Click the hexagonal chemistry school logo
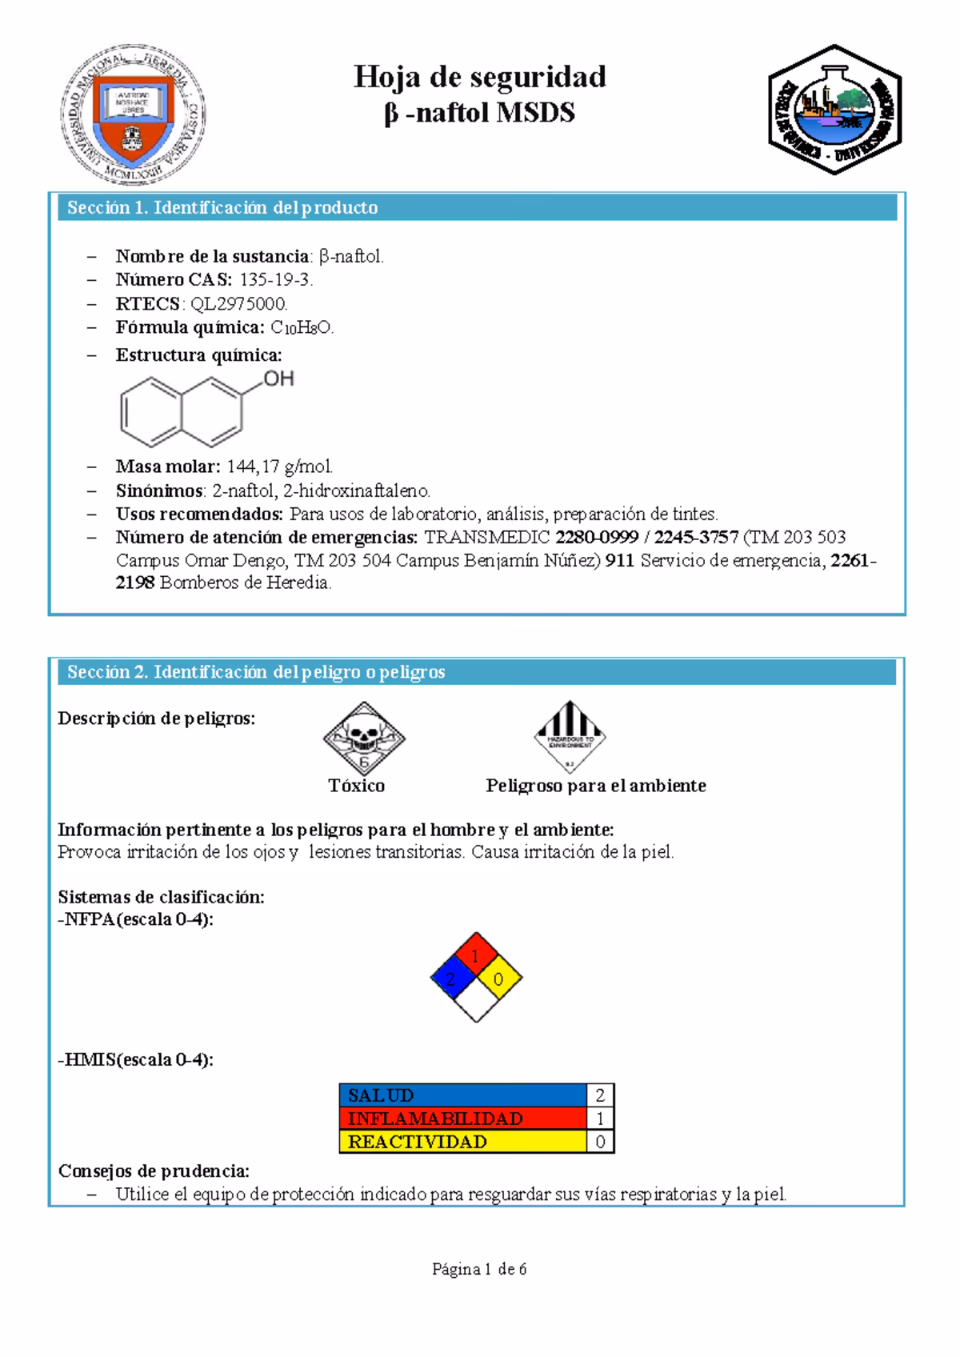pyautogui.click(x=834, y=110)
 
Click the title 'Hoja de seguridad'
pyautogui.click(x=480, y=78)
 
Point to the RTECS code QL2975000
pyautogui.click(x=238, y=303)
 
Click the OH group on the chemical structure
pyautogui.click(x=278, y=378)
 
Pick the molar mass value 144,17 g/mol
pyautogui.click(x=279, y=466)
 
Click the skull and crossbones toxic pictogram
pyautogui.click(x=364, y=738)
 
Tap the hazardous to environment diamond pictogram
pyautogui.click(x=570, y=737)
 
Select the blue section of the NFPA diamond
pyautogui.click(x=453, y=978)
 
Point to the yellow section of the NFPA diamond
pyautogui.click(x=499, y=978)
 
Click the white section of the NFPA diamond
pyautogui.click(x=476, y=1001)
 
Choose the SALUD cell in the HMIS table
pyautogui.click(x=463, y=1095)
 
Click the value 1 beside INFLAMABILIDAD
pyautogui.click(x=600, y=1119)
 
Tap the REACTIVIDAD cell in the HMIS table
pyautogui.click(x=463, y=1142)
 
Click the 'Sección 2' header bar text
pyautogui.click(x=256, y=672)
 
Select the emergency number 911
pyautogui.click(x=620, y=560)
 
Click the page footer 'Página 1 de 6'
pyautogui.click(x=479, y=1269)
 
